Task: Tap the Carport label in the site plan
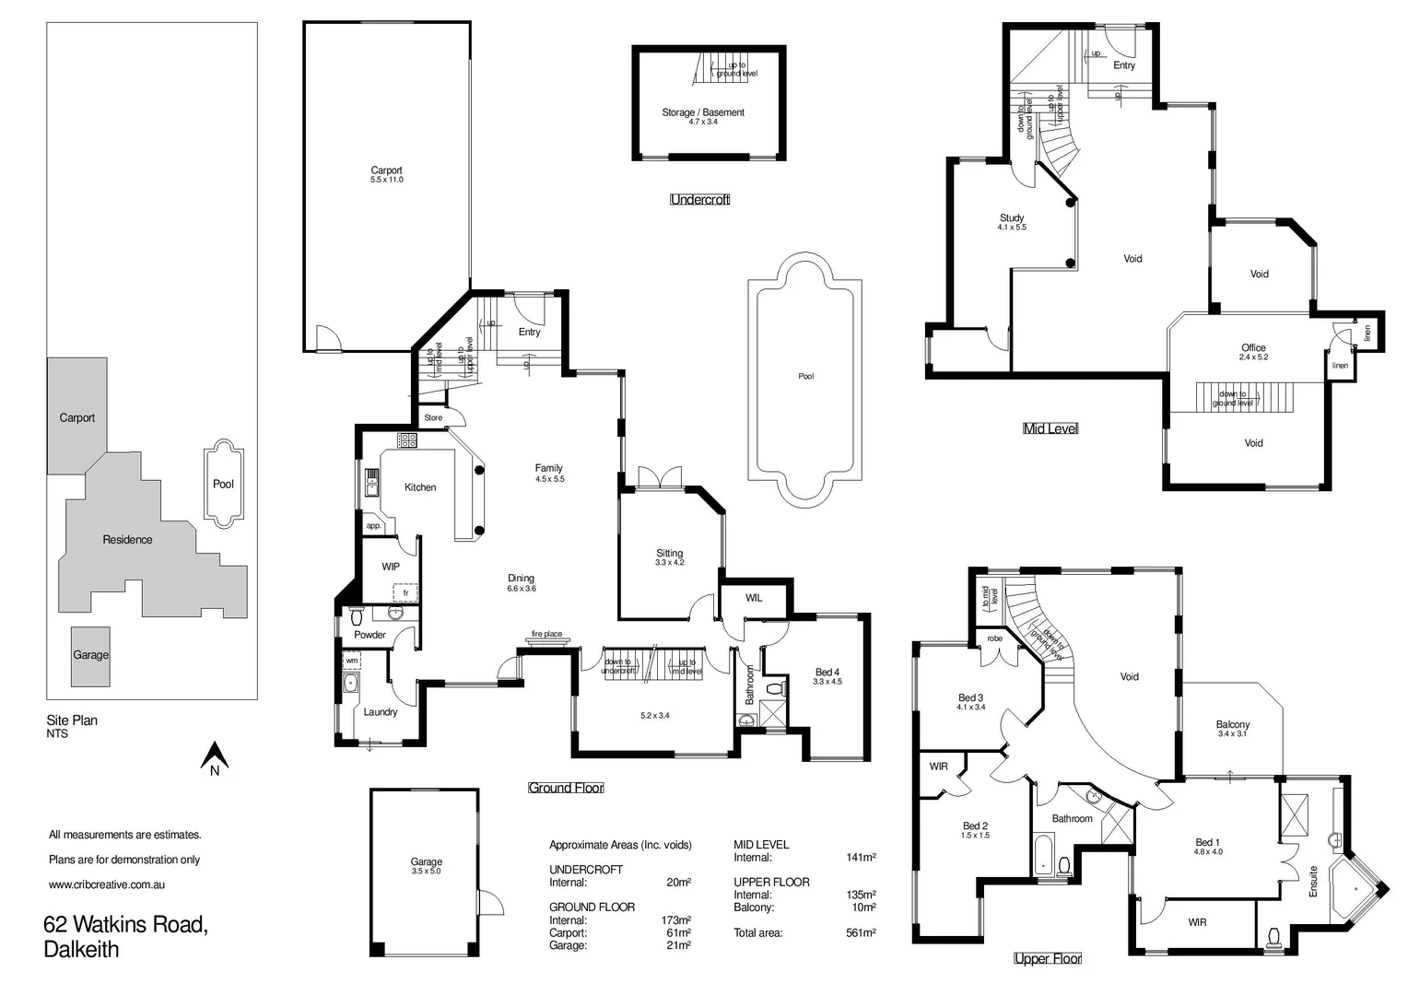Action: [x=77, y=417]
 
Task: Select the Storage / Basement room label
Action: [x=703, y=112]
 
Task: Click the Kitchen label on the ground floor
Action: [x=420, y=487]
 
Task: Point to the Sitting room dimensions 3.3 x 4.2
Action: [x=670, y=563]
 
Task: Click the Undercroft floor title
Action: [x=700, y=199]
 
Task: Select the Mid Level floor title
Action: [x=1050, y=428]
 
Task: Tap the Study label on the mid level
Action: [x=1012, y=218]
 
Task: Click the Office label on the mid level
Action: [x=1253, y=348]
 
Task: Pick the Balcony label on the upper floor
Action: [x=1233, y=725]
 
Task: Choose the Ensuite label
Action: [x=1313, y=882]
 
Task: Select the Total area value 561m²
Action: [x=861, y=933]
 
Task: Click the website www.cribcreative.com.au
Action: [x=107, y=884]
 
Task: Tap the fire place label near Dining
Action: [x=546, y=634]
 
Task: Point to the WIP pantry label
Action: [x=391, y=567]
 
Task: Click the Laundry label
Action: [x=381, y=712]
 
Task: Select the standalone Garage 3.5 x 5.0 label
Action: [x=427, y=862]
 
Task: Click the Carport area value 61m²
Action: [x=678, y=933]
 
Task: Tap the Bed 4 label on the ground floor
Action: [x=827, y=673]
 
